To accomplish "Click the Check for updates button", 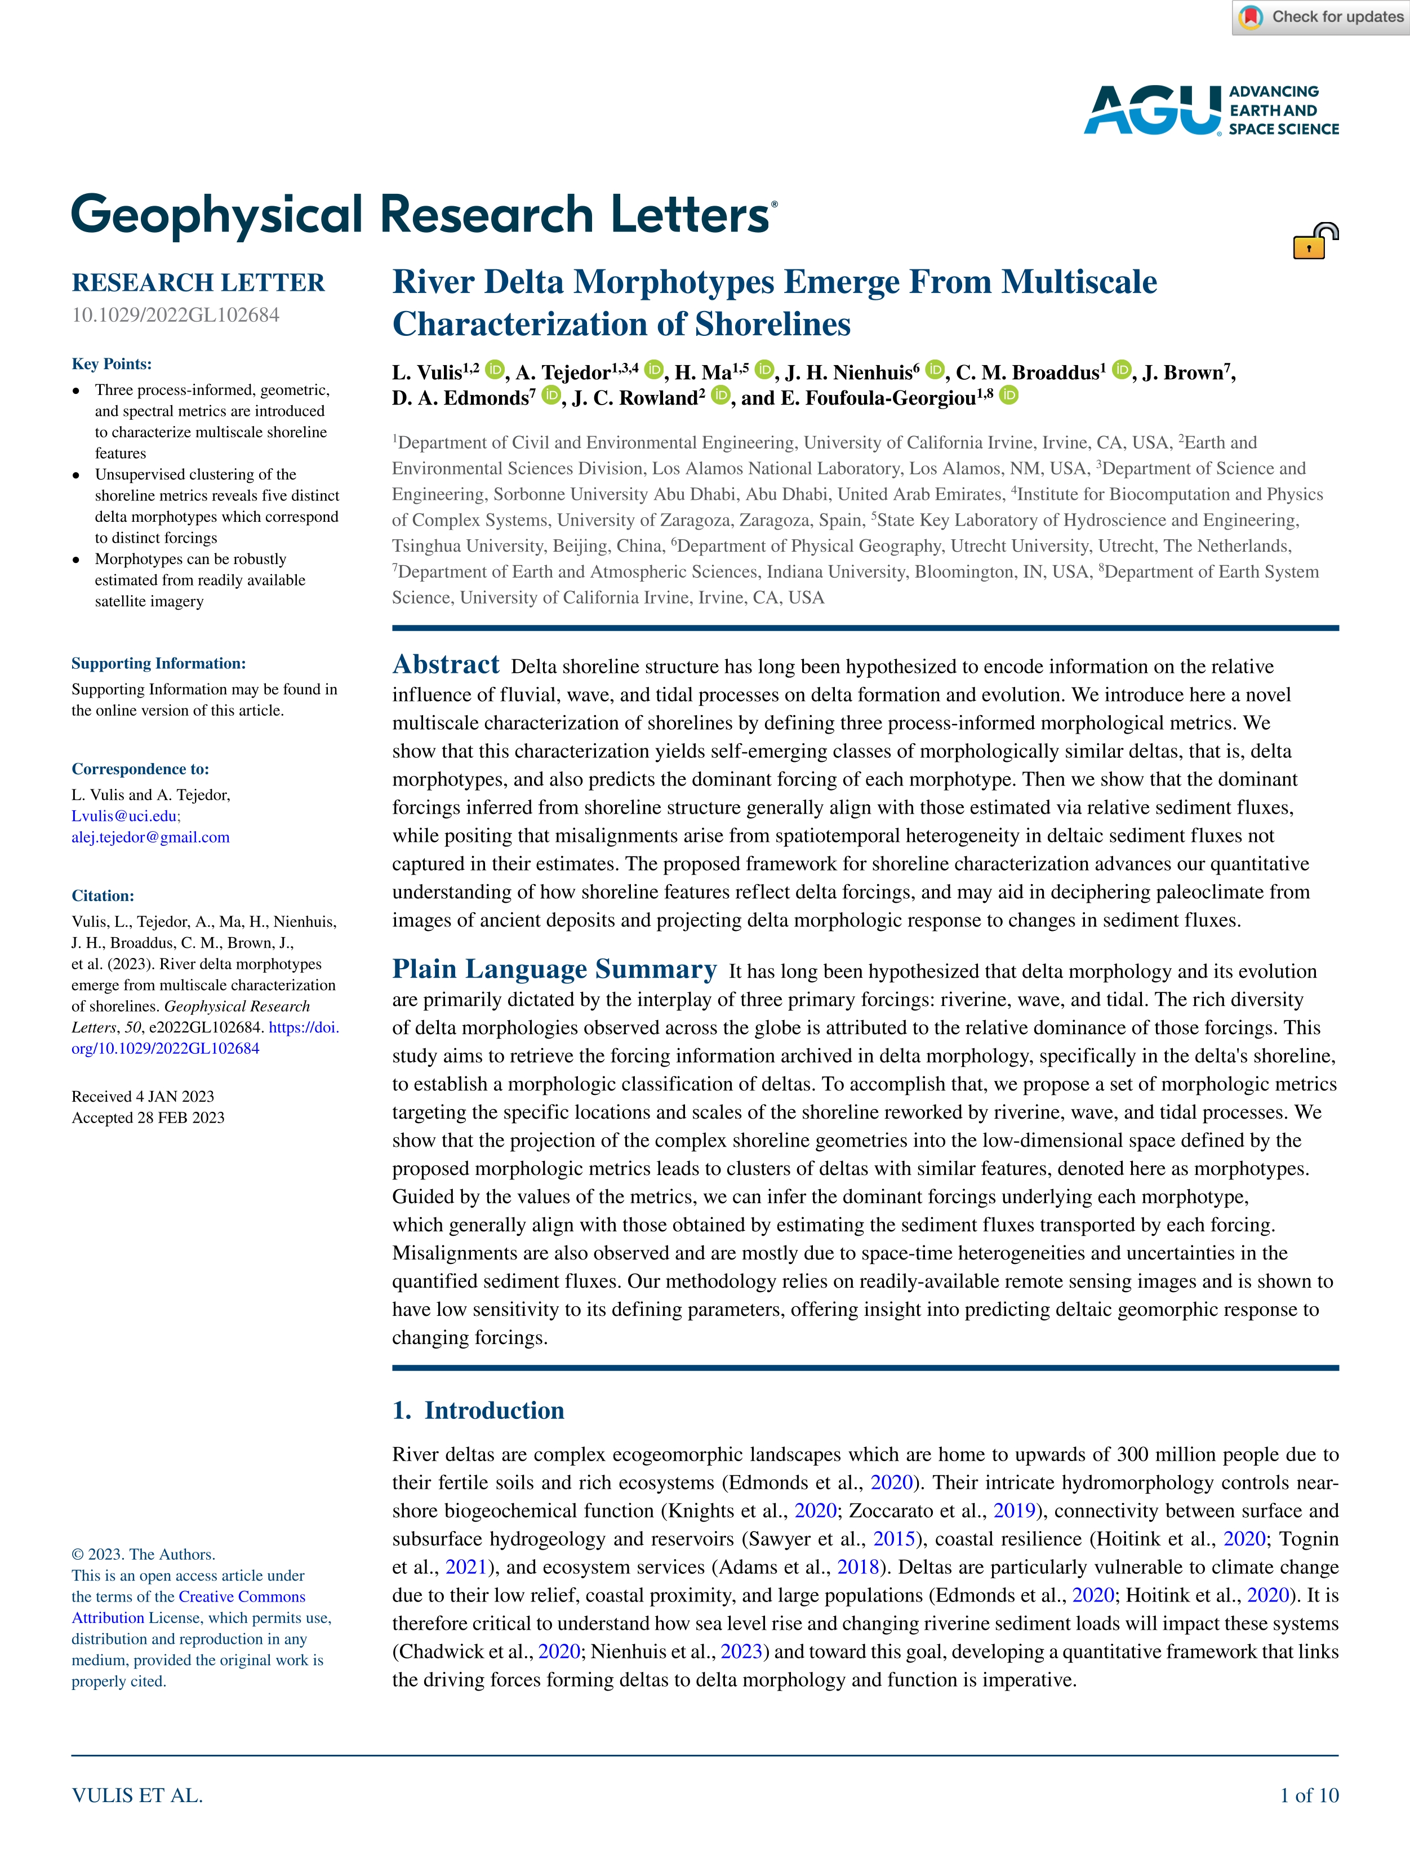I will tap(1321, 17).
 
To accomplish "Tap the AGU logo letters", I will tap(1151, 110).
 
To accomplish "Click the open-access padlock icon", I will tap(1314, 241).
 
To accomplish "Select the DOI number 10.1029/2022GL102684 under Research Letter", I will tap(175, 315).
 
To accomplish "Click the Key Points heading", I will tap(112, 363).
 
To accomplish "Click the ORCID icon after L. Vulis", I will tap(495, 369).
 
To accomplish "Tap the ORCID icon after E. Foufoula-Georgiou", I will tap(1009, 396).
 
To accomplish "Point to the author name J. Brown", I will tap(1185, 372).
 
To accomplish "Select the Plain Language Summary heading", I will tap(554, 969).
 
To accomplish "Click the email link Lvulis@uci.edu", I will tap(124, 816).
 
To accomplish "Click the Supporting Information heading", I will tap(159, 663).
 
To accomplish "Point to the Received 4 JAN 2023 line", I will tap(143, 1096).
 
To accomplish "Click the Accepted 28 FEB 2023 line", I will tap(148, 1117).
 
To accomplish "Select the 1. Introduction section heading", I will tap(478, 1410).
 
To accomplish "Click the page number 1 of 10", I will tap(1309, 1795).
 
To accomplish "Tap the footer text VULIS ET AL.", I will tap(137, 1795).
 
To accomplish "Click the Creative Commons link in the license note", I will tap(242, 1596).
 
